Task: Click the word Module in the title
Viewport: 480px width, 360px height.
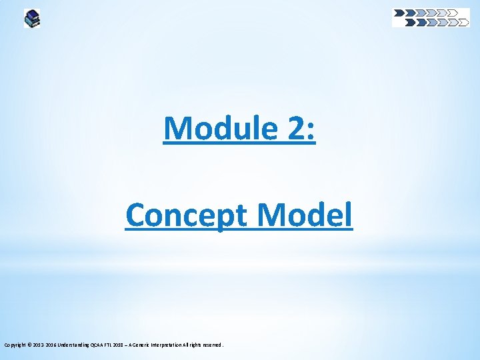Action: point(213,128)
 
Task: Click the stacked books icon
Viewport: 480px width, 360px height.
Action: point(32,18)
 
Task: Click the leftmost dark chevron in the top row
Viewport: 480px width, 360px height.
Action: point(399,12)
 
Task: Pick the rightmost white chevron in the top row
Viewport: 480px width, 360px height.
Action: point(453,12)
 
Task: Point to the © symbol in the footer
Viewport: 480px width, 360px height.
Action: point(31,345)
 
